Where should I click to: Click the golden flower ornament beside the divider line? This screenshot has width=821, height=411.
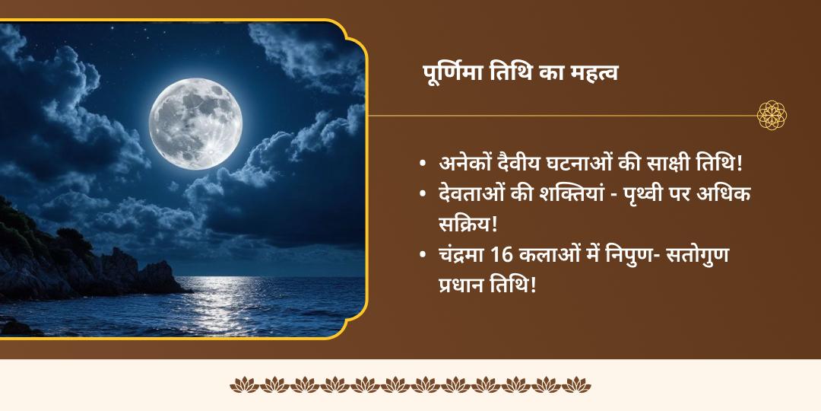(x=772, y=115)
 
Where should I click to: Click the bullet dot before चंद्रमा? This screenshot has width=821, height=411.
(x=423, y=255)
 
